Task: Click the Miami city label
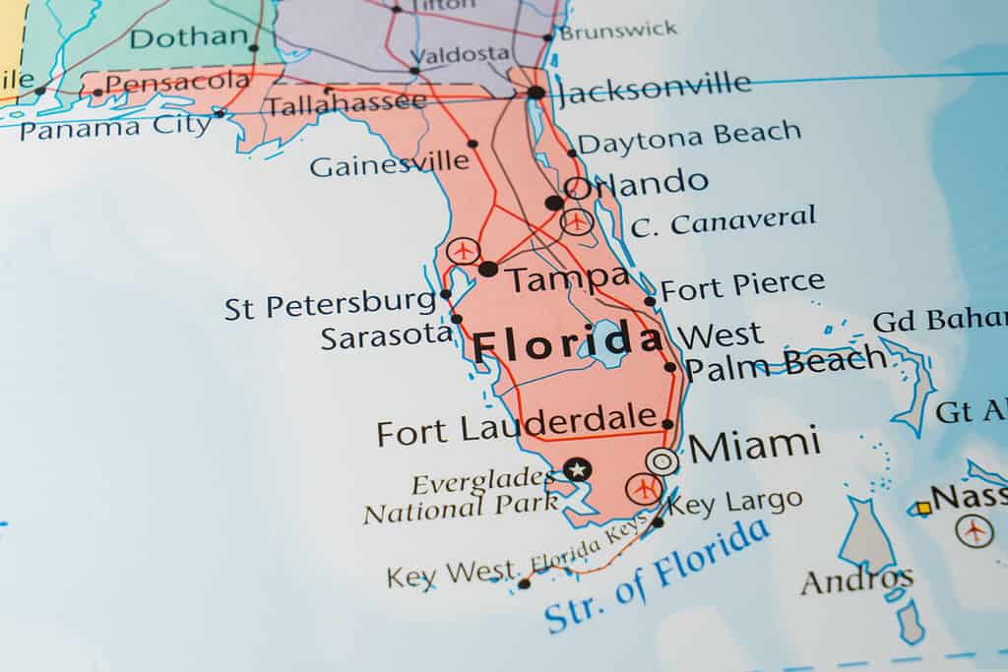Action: (x=754, y=445)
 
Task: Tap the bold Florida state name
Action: (x=567, y=343)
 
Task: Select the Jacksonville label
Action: (x=654, y=89)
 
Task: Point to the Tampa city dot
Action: (x=488, y=269)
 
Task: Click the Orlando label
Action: (x=636, y=183)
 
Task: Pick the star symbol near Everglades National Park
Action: (x=577, y=469)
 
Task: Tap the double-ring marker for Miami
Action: (x=662, y=460)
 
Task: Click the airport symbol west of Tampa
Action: (x=463, y=251)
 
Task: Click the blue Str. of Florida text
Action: (x=657, y=576)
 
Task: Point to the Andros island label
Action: (x=856, y=580)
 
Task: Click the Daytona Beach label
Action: (x=689, y=138)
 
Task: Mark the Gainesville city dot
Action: (x=472, y=144)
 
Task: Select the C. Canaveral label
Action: (x=724, y=221)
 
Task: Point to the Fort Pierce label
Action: (x=742, y=286)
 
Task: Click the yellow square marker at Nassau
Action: (x=923, y=508)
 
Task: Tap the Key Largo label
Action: (x=734, y=503)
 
